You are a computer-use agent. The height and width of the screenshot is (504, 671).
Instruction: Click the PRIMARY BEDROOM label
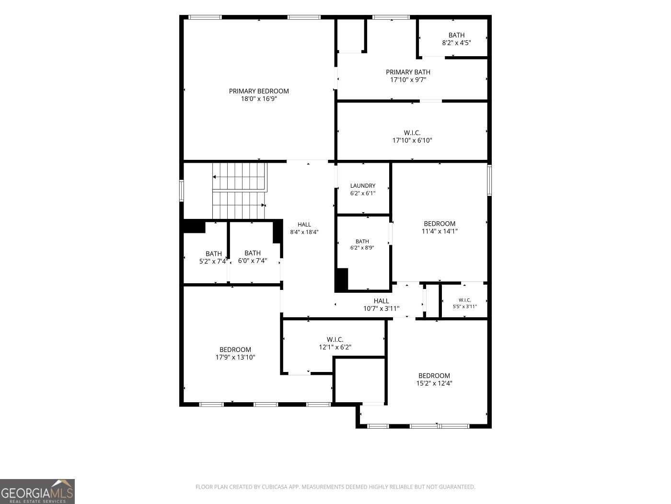pos(259,91)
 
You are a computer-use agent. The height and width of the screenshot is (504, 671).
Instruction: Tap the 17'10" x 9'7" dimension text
pos(408,80)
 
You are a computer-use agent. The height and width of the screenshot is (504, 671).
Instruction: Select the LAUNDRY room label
pos(362,186)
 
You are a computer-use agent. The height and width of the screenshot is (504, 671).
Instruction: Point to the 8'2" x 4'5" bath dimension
pos(456,43)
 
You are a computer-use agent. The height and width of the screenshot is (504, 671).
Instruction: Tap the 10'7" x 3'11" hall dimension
pos(381,309)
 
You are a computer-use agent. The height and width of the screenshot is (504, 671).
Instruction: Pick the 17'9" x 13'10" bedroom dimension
pos(235,357)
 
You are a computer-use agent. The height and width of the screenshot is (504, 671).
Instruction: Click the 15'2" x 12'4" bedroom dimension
pos(434,383)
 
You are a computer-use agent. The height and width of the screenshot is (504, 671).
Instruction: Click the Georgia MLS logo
pos(37,492)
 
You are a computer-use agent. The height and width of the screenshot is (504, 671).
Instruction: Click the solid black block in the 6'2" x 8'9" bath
pos(342,280)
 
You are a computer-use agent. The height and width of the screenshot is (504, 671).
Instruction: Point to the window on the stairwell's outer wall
pos(181,191)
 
